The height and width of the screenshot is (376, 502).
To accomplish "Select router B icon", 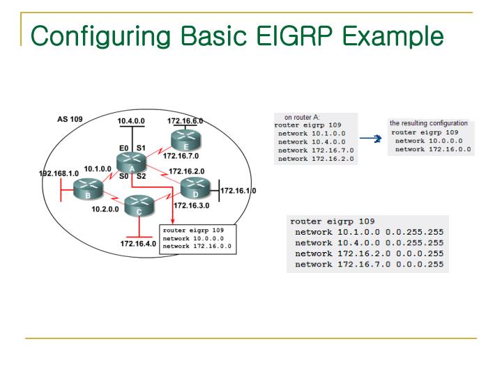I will [89, 188].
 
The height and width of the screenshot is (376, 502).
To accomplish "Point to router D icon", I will [195, 187].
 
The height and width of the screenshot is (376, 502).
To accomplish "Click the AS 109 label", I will [70, 119].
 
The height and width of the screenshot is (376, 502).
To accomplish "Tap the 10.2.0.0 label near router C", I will [105, 209].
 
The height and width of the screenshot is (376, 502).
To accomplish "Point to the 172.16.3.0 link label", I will [191, 206].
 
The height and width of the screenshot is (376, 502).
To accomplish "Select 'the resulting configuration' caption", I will [429, 123].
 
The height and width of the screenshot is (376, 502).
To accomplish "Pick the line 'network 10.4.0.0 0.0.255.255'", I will [369, 243].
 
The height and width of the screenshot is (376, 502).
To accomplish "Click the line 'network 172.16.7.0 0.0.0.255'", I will [369, 265].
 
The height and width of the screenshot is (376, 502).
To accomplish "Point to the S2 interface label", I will [141, 176].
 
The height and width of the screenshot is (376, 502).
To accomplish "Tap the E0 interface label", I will [123, 148].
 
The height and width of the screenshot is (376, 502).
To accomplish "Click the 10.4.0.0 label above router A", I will [131, 120].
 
